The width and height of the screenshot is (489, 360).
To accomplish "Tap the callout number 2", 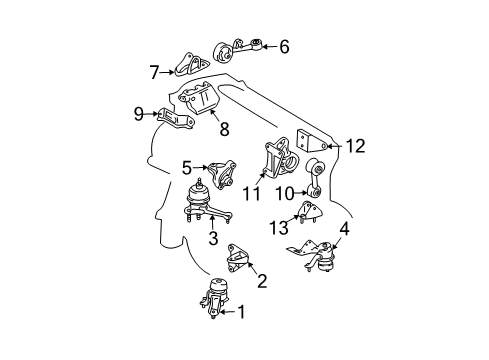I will [262, 282].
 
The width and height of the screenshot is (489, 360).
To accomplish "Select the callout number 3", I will [213, 238].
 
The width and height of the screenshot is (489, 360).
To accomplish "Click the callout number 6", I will [284, 46].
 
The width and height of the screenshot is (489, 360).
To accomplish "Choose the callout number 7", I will [154, 72].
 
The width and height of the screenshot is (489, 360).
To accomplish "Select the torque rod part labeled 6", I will [240, 50].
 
